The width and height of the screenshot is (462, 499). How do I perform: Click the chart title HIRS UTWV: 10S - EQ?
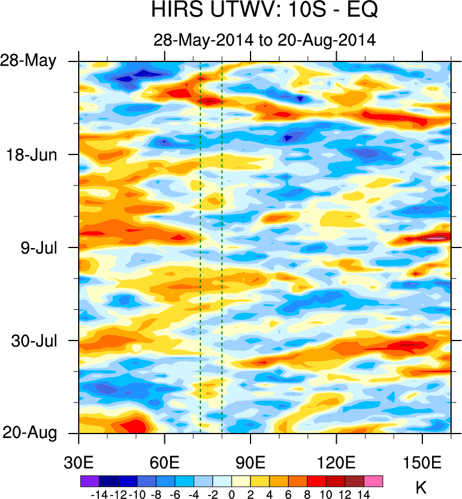coord(264,11)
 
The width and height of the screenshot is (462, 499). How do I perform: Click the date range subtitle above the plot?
coord(264,40)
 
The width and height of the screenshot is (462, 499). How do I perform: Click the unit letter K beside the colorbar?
coord(421,489)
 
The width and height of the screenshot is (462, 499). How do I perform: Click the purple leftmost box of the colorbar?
coord(90,481)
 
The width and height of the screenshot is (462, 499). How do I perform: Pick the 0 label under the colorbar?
coord(232,493)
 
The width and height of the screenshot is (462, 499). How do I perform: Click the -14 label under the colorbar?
coord(99,493)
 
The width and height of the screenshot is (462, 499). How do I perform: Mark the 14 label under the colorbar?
coord(364,493)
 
